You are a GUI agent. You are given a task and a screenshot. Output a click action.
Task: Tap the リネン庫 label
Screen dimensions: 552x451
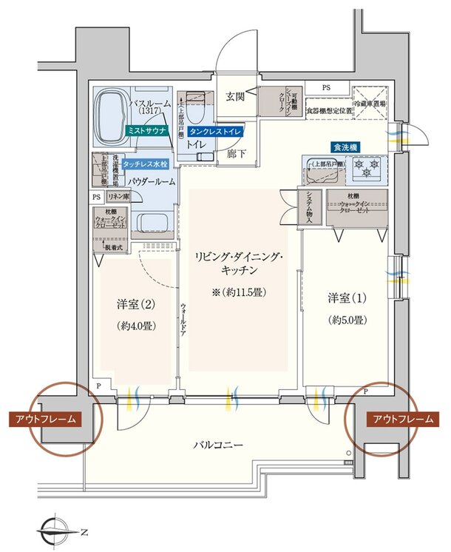tap(118, 197)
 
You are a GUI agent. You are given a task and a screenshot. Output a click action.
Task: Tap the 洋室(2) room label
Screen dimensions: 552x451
tap(134, 304)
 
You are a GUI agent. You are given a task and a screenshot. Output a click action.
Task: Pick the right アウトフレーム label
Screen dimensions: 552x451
tap(403, 420)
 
